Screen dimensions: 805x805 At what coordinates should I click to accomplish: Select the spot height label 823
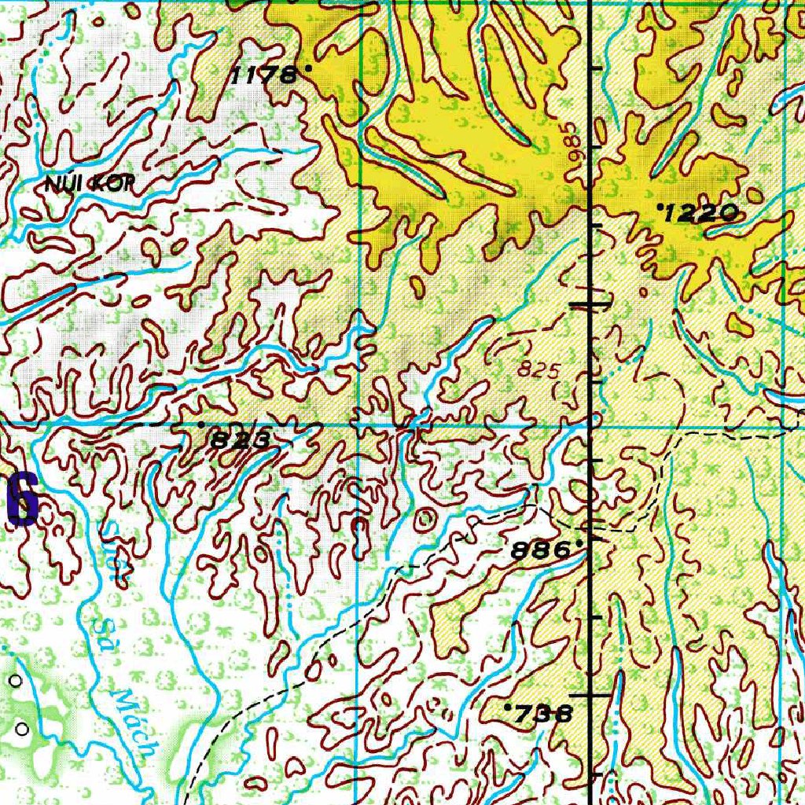pos(240,440)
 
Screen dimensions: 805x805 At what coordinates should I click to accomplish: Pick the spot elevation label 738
pos(542,714)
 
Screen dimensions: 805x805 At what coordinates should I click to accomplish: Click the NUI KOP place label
pos(90,185)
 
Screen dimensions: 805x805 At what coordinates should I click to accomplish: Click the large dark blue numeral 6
pos(22,499)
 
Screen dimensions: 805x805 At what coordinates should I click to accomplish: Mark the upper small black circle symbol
pos(16,680)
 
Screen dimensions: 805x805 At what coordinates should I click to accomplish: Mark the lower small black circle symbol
pos(22,730)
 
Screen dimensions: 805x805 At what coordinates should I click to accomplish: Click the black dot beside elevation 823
pos(201,425)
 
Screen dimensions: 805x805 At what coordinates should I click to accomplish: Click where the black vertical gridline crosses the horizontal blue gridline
pos(591,425)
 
